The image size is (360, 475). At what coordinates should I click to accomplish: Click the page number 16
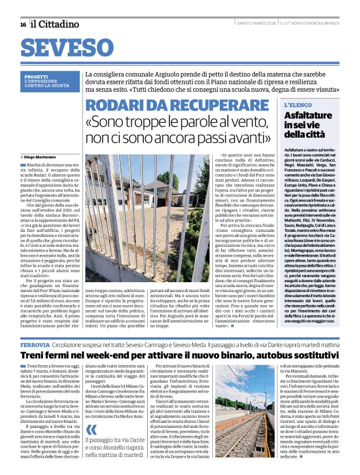[x=22, y=24]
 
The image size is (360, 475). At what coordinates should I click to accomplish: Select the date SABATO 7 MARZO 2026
[x=256, y=24]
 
